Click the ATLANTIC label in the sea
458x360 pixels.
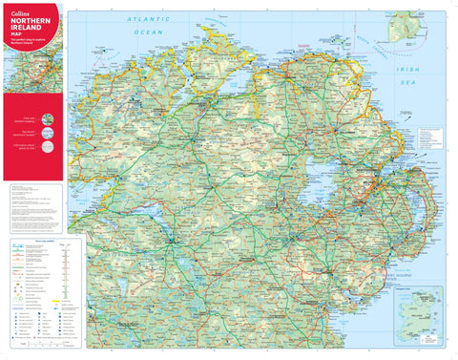(151, 19)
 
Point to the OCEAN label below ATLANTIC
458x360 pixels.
(149, 32)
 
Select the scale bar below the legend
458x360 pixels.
(38, 346)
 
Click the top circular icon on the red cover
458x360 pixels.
(49, 117)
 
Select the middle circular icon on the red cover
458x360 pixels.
(49, 132)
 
